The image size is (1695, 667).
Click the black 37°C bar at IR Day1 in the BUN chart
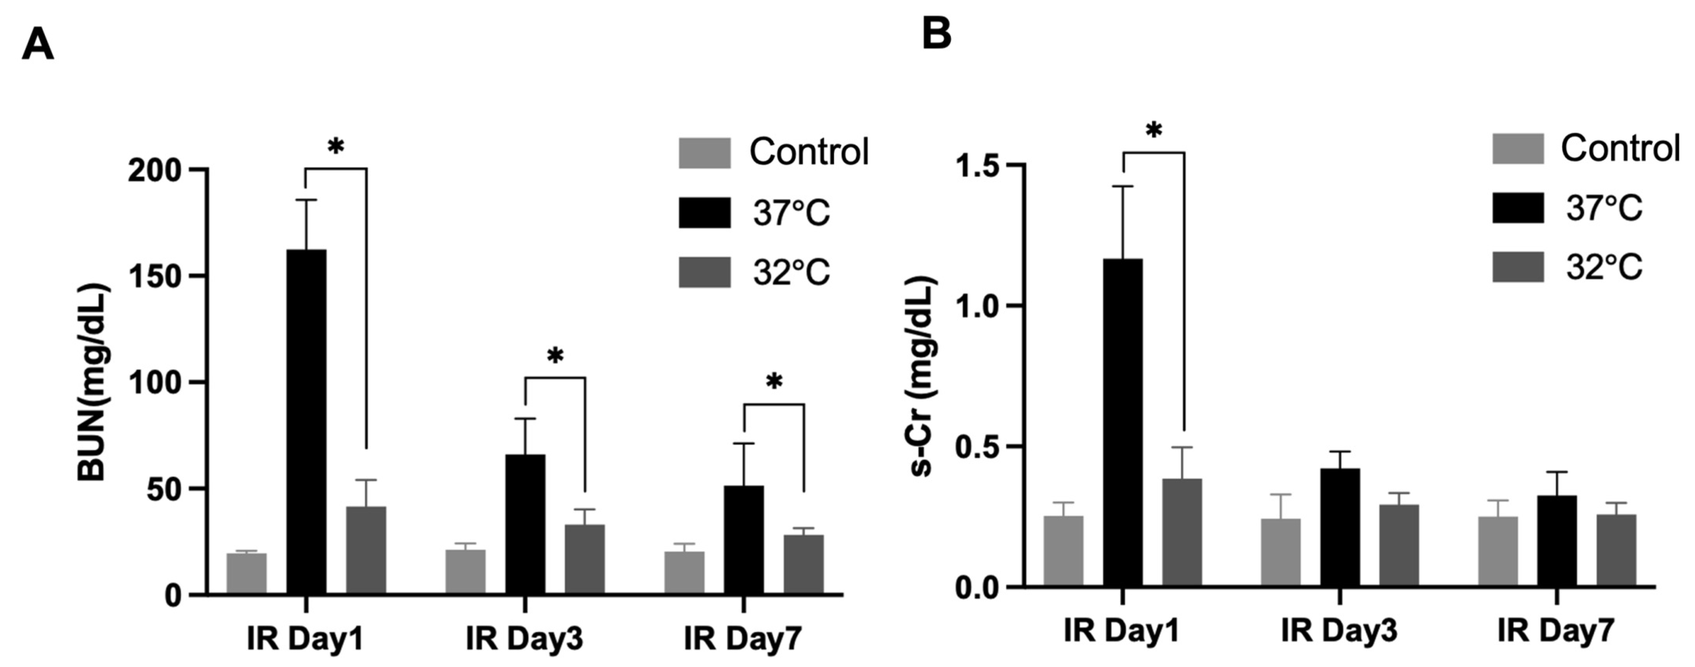click(x=306, y=421)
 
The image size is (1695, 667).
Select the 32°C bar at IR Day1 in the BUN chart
click(x=366, y=550)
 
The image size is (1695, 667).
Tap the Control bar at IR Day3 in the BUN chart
click(x=465, y=571)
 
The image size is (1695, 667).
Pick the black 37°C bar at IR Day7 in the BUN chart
click(x=744, y=539)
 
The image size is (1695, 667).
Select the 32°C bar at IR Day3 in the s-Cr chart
click(x=1399, y=545)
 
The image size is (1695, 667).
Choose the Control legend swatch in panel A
click(x=704, y=153)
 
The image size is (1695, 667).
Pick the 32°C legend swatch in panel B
click(x=1517, y=267)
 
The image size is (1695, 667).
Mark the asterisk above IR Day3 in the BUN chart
click(x=555, y=356)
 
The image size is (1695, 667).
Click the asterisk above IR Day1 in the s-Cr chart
click(x=1154, y=130)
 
